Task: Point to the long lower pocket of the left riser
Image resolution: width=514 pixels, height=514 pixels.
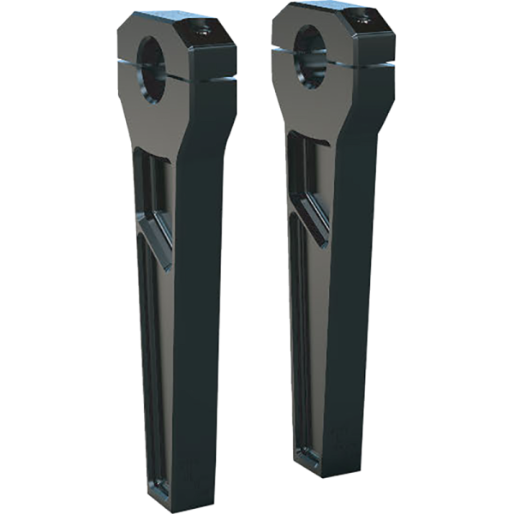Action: [x=154, y=360]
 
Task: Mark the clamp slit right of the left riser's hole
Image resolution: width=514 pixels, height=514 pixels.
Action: [x=206, y=70]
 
